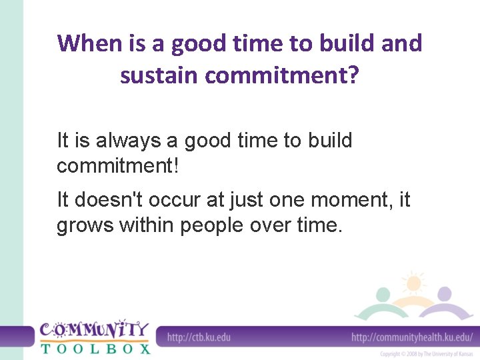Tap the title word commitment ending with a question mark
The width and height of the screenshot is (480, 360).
282,75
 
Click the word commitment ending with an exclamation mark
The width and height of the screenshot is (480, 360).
118,165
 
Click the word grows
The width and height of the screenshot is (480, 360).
85,225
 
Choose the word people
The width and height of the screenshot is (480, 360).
211,225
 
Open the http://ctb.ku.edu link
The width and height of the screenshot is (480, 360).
199,337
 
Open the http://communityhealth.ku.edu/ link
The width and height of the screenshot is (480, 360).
412,337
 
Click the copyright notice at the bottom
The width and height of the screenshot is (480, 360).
426,354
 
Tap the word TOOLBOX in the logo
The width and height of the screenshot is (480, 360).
95,347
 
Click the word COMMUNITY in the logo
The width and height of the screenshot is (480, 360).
94,329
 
